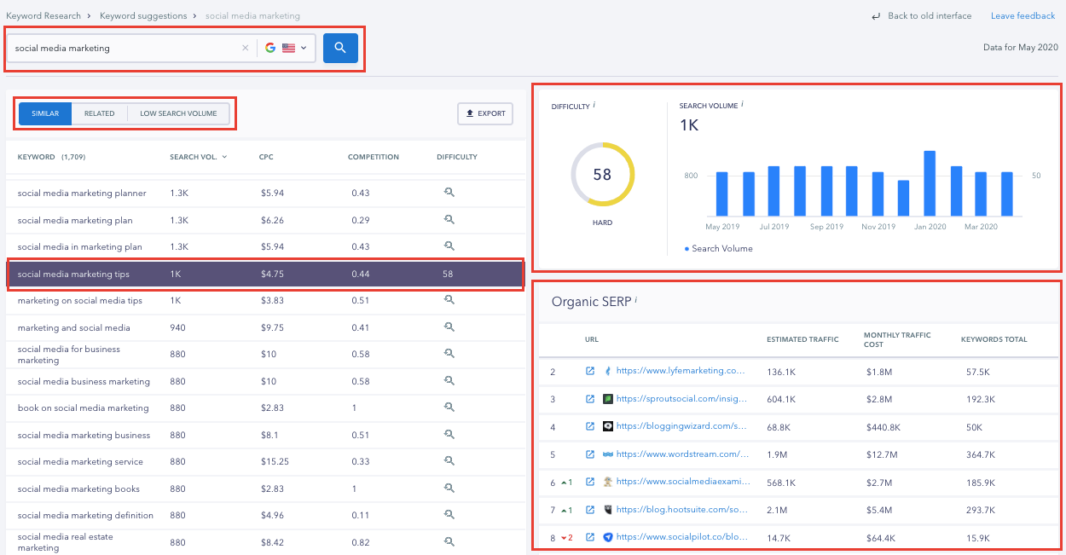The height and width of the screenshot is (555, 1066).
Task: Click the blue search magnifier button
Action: click(x=340, y=48)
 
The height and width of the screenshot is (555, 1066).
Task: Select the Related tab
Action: click(x=99, y=113)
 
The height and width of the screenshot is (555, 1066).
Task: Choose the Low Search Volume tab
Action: click(x=178, y=113)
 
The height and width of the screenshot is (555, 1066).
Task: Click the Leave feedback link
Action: click(x=1023, y=16)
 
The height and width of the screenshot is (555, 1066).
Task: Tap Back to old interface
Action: click(x=929, y=16)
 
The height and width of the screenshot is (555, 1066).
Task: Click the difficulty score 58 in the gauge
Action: click(x=602, y=175)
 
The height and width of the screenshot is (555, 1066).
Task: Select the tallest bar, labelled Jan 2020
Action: click(x=930, y=183)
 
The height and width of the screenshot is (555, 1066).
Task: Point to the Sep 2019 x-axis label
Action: click(x=826, y=227)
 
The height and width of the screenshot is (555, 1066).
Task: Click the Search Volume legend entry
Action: click(x=721, y=249)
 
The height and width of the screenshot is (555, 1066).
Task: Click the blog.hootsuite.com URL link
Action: click(x=681, y=510)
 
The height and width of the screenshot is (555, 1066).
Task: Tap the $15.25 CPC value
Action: click(x=275, y=461)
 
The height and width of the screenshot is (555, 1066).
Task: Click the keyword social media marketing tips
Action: click(x=73, y=275)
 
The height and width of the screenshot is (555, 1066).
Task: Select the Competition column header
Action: click(x=373, y=157)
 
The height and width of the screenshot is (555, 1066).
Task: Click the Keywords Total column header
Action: click(x=994, y=339)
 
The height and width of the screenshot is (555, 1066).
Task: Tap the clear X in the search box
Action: click(x=246, y=48)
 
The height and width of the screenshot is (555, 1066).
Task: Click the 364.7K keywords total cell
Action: click(x=979, y=454)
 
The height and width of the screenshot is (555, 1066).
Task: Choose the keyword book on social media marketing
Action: click(x=83, y=408)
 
